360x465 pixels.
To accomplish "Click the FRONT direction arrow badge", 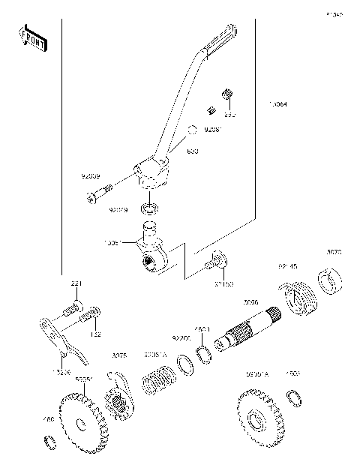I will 32,37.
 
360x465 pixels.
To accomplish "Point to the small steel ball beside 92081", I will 191,130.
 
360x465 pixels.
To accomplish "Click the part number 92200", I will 181,339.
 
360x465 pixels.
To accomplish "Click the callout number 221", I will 76,283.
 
